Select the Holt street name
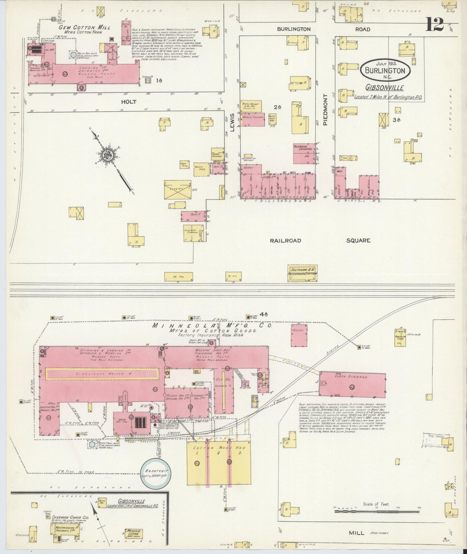(129, 102)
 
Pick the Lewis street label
(232, 124)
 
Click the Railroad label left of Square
(286, 240)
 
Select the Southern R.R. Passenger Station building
(303, 272)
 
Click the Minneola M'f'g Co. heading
(212, 325)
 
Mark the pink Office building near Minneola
(299, 335)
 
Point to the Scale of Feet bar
(376, 511)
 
